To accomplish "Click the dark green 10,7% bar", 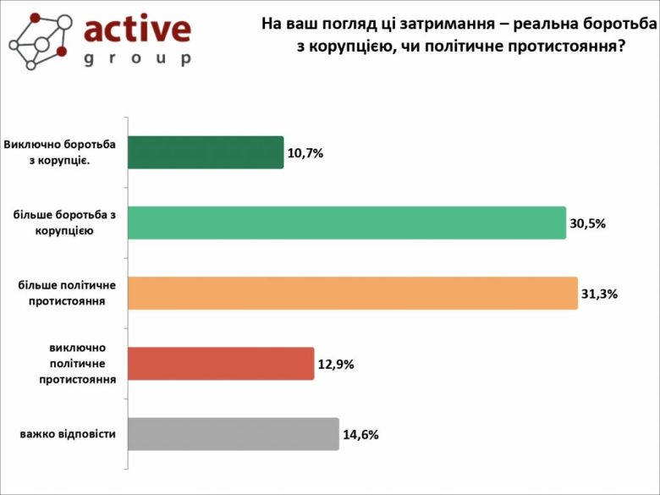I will (206, 152).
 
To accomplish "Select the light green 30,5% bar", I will (347, 223).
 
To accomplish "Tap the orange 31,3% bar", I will (353, 293).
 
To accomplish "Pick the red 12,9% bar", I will (221, 364).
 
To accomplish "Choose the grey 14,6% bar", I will (234, 434).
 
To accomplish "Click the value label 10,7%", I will (306, 153).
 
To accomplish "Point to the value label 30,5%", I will (588, 223).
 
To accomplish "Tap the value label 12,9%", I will (336, 365).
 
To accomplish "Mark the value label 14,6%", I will (360, 435).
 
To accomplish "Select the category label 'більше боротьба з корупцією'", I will (64, 222).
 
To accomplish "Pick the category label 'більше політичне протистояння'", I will (67, 292).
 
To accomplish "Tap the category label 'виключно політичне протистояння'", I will (77, 364).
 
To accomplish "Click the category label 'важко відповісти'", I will (68, 434).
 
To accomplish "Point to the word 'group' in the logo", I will (137, 59).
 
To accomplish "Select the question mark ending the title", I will (622, 47).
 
